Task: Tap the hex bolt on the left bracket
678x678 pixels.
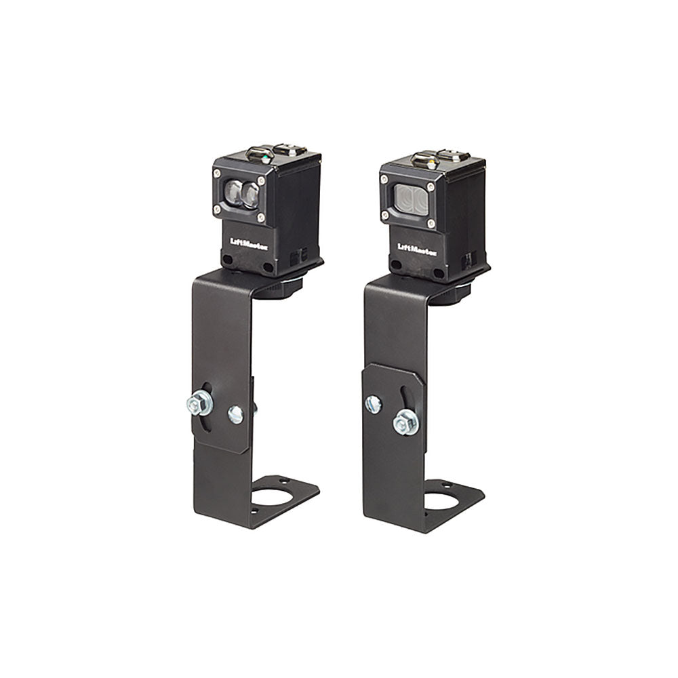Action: point(199,403)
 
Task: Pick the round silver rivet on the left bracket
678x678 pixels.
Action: point(235,414)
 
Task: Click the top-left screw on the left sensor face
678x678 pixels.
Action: point(218,175)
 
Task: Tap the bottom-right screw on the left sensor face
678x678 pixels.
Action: point(260,217)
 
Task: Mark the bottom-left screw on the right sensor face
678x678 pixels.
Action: point(385,216)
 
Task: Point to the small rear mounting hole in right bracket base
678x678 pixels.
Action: point(445,484)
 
